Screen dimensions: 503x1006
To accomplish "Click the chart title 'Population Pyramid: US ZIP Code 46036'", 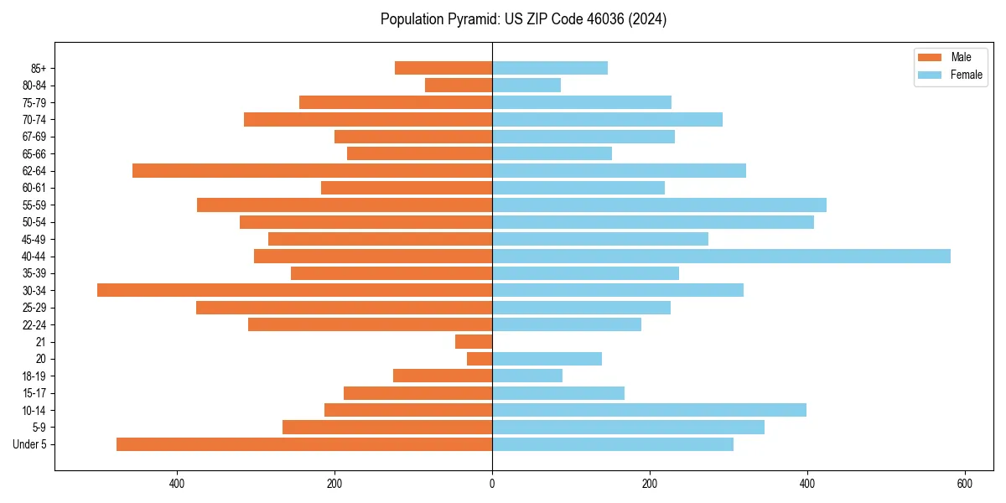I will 523,19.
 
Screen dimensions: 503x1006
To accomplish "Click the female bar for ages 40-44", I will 721,256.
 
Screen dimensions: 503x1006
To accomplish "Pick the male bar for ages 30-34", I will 294,290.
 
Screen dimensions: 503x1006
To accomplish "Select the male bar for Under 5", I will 304,444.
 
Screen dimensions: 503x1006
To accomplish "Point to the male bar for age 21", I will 474,341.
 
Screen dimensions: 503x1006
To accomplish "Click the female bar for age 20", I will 547,359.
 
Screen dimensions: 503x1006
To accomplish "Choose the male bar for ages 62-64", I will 312,170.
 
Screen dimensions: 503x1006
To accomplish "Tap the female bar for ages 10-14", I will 649,410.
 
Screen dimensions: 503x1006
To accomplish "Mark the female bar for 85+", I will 550,68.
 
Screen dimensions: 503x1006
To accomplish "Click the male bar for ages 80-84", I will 459,85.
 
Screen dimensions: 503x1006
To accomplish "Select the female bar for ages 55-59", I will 659,205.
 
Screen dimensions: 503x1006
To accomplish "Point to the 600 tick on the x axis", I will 964,484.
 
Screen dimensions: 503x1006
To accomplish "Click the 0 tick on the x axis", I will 492,484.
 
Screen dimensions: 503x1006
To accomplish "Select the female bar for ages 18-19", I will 527,376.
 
